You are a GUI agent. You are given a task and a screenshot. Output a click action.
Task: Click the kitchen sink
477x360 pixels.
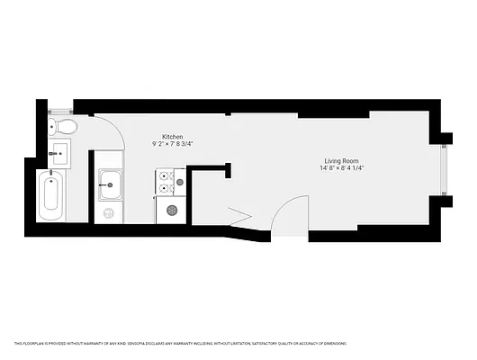[111, 186]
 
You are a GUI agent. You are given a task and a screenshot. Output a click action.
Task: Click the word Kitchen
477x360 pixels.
[173, 135]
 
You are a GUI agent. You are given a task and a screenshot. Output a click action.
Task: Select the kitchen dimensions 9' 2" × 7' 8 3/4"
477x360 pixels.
[173, 144]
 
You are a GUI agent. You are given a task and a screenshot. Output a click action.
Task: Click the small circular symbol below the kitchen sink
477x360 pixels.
[110, 213]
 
